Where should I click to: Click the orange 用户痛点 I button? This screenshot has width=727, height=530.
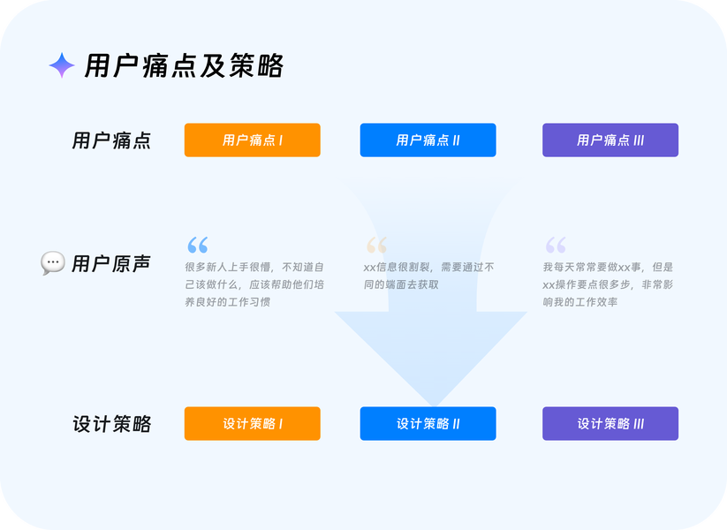(252, 140)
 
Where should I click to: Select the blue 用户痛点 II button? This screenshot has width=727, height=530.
(428, 140)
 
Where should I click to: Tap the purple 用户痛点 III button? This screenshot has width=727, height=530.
(610, 140)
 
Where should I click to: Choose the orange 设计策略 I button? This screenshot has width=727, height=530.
(252, 424)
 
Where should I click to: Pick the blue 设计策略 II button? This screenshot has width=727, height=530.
(428, 424)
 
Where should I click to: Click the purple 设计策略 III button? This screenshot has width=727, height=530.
(610, 424)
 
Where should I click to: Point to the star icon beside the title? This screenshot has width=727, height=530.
(61, 65)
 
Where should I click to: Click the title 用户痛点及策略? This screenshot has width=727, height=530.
(184, 66)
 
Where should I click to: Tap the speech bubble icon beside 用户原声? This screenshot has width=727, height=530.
(53, 263)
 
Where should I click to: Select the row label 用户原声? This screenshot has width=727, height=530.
(110, 264)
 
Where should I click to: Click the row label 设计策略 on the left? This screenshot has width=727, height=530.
(111, 425)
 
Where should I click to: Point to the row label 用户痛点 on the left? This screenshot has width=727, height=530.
(111, 141)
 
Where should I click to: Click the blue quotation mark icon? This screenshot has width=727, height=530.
(197, 245)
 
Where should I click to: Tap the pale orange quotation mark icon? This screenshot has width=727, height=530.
(376, 245)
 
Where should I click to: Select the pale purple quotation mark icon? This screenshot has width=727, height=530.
(555, 245)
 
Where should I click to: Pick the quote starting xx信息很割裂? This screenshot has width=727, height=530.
(428, 276)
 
